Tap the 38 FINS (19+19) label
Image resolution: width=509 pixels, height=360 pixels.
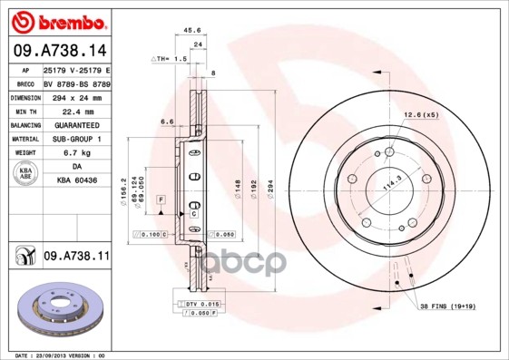click(x=446, y=306)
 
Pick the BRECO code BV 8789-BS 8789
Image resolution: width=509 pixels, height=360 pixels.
click(x=76, y=83)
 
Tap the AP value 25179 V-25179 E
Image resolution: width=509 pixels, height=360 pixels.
click(x=76, y=70)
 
